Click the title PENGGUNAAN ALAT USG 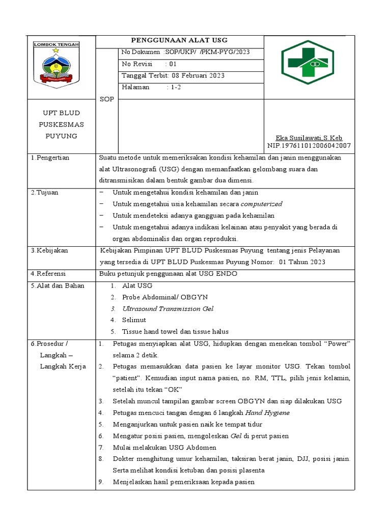pyautogui.click(x=180, y=40)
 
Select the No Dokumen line pyautogui.click(x=185, y=53)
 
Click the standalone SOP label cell pyautogui.click(x=107, y=99)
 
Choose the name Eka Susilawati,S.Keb pyautogui.click(x=309, y=138)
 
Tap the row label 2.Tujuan pyautogui.click(x=46, y=192)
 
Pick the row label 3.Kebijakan pyautogui.click(x=49, y=250)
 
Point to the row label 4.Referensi pyautogui.click(x=49, y=274)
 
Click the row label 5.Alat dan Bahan pyautogui.click(x=57, y=285)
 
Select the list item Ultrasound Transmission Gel pyautogui.click(x=167, y=308)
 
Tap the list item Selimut pyautogui.click(x=134, y=320)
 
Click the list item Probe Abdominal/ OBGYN pyautogui.click(x=165, y=297)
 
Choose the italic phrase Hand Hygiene pyautogui.click(x=267, y=412)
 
